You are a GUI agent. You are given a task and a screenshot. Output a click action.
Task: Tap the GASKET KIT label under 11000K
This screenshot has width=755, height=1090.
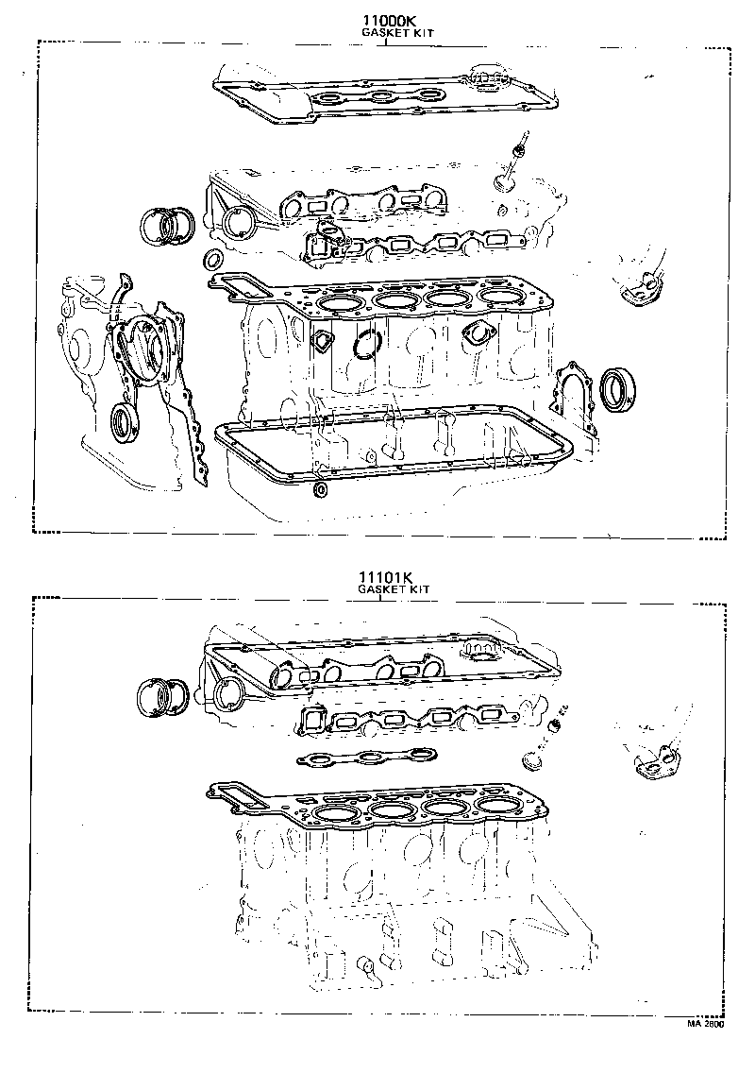[x=398, y=33]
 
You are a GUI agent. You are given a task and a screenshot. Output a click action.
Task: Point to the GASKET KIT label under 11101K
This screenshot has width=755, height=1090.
[x=394, y=588]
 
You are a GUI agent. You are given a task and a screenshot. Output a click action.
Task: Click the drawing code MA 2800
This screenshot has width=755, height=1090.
[x=705, y=1024]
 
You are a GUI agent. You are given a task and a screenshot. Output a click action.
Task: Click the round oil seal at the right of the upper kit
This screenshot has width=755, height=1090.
[x=617, y=390]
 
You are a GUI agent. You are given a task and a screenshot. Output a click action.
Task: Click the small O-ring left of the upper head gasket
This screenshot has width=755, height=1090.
[x=212, y=260]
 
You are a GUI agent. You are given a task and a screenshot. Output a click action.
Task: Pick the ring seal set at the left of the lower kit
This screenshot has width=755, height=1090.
[x=161, y=696]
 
